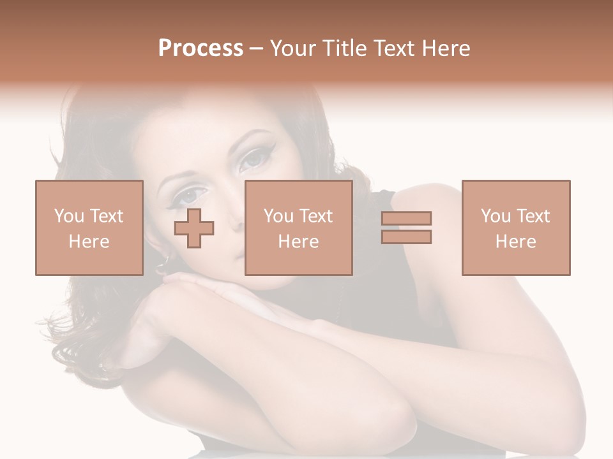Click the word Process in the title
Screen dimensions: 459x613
(x=201, y=48)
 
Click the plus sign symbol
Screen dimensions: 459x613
(x=194, y=228)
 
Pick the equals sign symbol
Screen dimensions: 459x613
(x=406, y=228)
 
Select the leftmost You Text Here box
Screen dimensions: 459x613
(x=89, y=228)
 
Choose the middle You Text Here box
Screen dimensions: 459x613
(x=298, y=228)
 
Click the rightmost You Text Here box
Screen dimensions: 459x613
(x=515, y=228)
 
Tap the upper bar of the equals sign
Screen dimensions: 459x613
(x=406, y=219)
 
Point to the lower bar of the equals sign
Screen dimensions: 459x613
(x=406, y=237)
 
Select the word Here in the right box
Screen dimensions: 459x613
(x=515, y=242)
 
